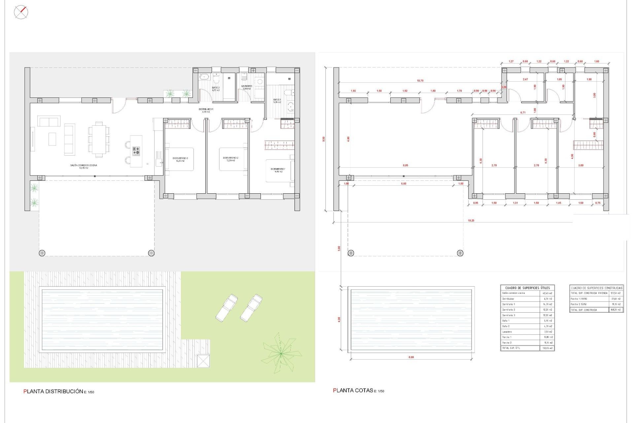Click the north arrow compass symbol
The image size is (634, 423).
click(21, 13)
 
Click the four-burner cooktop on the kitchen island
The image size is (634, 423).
click(136, 151)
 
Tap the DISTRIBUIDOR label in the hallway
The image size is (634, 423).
click(206, 110)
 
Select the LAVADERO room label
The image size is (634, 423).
click(247, 87)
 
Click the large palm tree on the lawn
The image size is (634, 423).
click(280, 353)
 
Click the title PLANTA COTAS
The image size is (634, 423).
click(353, 391)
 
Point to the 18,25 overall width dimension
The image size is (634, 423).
click(471, 220)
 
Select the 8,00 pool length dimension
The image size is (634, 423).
click(411, 357)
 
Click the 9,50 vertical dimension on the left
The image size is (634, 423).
click(324, 139)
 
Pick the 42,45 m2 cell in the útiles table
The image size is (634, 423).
click(547, 293)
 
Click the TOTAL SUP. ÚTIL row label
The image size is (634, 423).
click(511, 348)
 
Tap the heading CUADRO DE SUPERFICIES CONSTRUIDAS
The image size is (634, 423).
click(596, 288)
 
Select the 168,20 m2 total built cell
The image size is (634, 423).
click(616, 310)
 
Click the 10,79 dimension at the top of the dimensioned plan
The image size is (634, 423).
click(420, 81)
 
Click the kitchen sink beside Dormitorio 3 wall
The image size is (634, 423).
click(159, 162)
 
